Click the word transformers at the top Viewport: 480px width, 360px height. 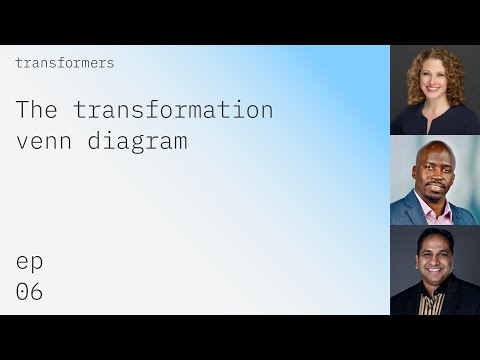(x=65, y=63)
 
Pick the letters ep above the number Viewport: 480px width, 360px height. (x=29, y=262)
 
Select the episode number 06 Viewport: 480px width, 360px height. (x=29, y=292)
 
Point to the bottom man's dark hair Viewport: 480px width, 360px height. (x=433, y=237)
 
